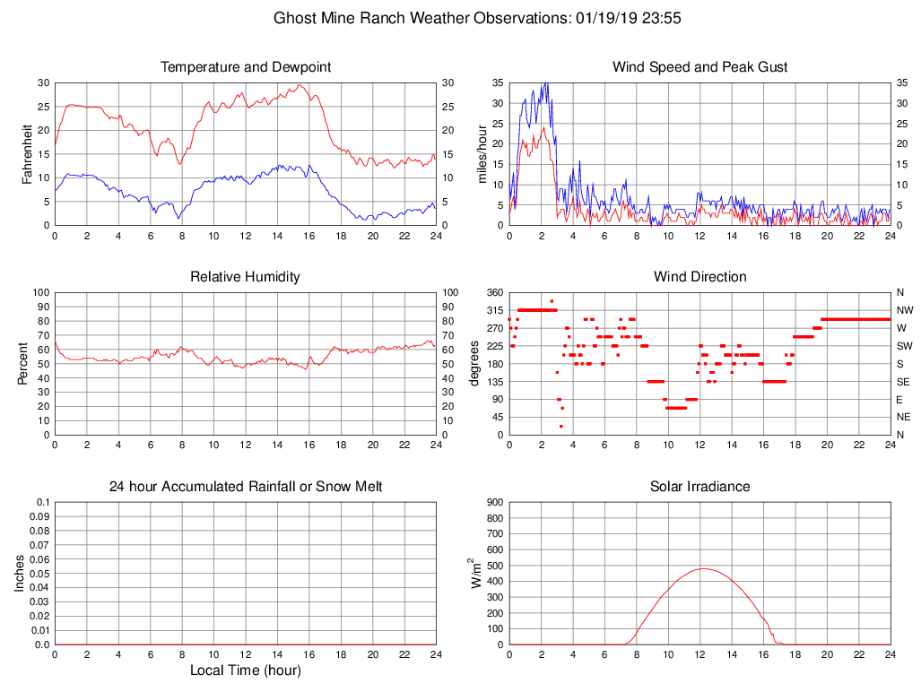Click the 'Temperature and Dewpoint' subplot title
tap(245, 67)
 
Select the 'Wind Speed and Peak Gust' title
tap(699, 67)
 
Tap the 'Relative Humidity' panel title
tap(245, 277)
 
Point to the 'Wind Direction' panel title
tap(699, 277)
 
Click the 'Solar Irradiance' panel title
tap(699, 487)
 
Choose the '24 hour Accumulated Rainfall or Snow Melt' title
tap(245, 487)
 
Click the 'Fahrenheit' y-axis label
tap(26, 153)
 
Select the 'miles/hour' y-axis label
tap(482, 153)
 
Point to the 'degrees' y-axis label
tap(474, 363)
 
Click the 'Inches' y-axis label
tap(20, 573)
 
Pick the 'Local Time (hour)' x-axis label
tap(245, 670)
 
